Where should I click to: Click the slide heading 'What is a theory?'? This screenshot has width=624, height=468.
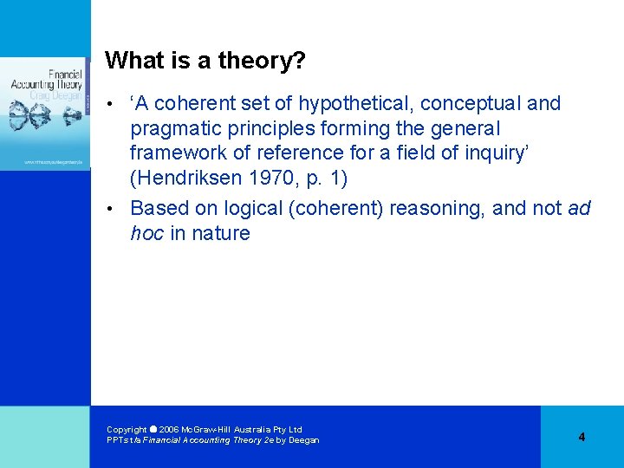pyautogui.click(x=205, y=61)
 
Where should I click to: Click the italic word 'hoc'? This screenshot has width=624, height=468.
pyautogui.click(x=146, y=233)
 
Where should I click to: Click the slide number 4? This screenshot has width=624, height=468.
pyautogui.click(x=582, y=437)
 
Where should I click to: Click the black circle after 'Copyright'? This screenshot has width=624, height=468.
pyautogui.click(x=153, y=429)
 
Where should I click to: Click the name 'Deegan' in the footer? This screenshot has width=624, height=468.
pyautogui.click(x=303, y=440)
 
